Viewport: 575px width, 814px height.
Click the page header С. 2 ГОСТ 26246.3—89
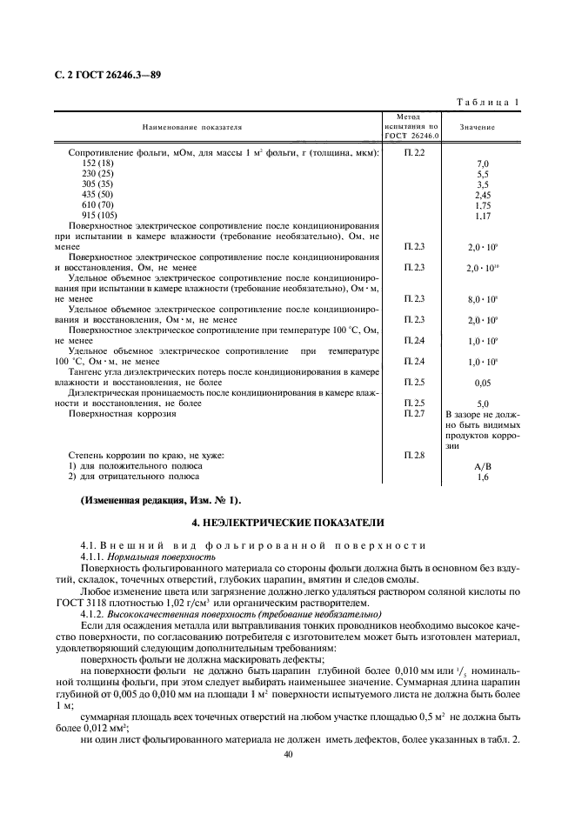(x=107, y=75)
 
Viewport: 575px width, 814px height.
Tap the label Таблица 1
(x=488, y=103)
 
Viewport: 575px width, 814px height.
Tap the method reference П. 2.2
(x=414, y=153)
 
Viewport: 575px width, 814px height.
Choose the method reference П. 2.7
(x=414, y=414)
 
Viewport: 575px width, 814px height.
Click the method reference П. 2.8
(x=414, y=455)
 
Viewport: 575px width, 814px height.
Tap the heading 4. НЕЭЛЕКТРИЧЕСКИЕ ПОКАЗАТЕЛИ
(x=287, y=522)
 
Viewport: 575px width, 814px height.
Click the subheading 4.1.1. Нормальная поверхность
(x=147, y=556)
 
